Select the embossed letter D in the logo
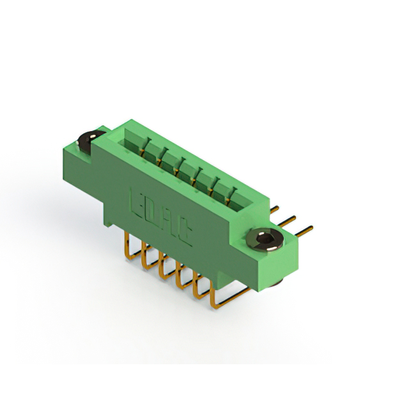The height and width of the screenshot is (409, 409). (x=153, y=212)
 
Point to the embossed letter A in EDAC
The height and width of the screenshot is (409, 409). (x=169, y=224)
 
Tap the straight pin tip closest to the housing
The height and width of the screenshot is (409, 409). (x=275, y=208)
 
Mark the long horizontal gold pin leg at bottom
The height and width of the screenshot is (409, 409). (x=230, y=298)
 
